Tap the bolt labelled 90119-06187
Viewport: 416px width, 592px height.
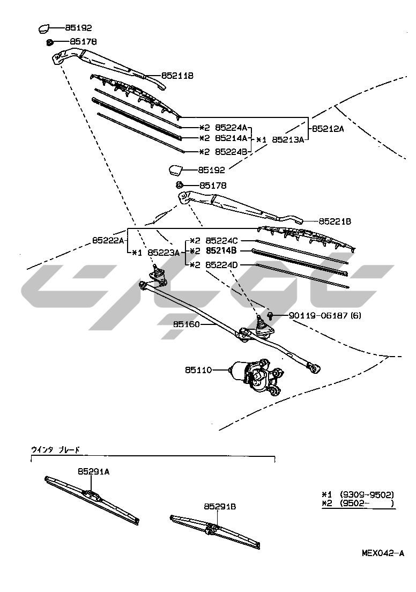pyautogui.click(x=271, y=315)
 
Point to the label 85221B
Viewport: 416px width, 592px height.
pyautogui.click(x=335, y=221)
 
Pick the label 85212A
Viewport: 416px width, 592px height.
pyautogui.click(x=328, y=129)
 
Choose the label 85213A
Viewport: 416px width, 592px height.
pyautogui.click(x=288, y=139)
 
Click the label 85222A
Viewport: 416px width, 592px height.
pyautogui.click(x=108, y=240)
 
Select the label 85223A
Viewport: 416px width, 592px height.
pyautogui.click(x=164, y=252)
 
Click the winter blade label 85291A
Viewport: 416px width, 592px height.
pyautogui.click(x=93, y=472)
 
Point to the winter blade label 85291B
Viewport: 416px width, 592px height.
pyautogui.click(x=220, y=506)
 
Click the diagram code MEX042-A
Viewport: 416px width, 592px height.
pyautogui.click(x=382, y=553)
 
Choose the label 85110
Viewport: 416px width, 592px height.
pyautogui.click(x=199, y=370)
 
